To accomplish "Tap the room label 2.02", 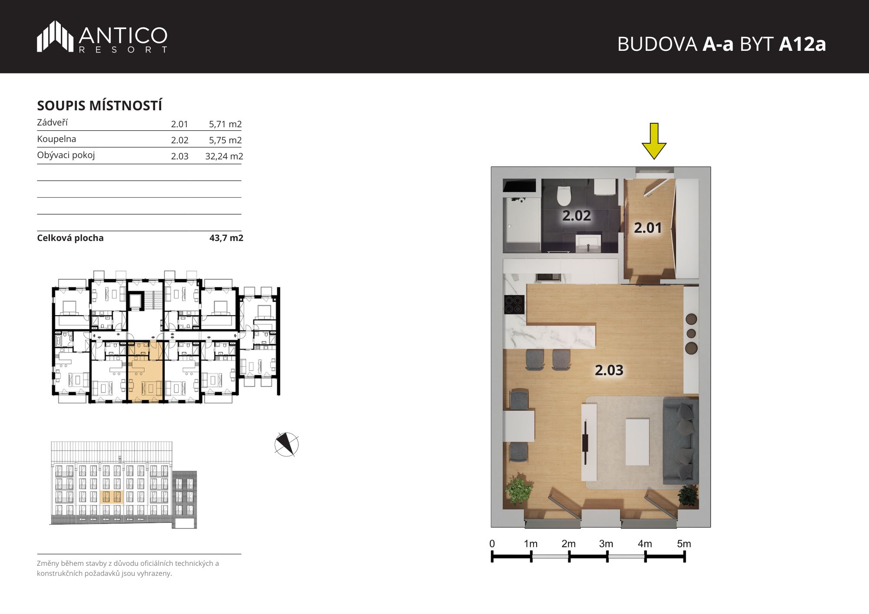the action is (577, 215).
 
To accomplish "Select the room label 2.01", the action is (647, 228).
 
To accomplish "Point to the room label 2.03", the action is (609, 370).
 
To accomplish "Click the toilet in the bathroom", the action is (564, 195).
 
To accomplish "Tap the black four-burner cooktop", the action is (514, 304).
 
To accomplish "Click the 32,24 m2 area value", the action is (224, 156).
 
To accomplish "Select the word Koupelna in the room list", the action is (56, 139).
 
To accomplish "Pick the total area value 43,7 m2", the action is (226, 238).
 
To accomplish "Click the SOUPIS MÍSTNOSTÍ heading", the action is (100, 106).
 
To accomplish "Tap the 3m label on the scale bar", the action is (606, 544).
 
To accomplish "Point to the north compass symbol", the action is (287, 444).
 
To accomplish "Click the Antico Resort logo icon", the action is (55, 36).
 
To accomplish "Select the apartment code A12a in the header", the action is (802, 44).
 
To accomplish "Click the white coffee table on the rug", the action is (637, 441).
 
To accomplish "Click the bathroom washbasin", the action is (589, 242).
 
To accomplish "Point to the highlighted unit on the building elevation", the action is (112, 497).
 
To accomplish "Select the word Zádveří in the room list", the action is (52, 122).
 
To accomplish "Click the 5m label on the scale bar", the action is (684, 544).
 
